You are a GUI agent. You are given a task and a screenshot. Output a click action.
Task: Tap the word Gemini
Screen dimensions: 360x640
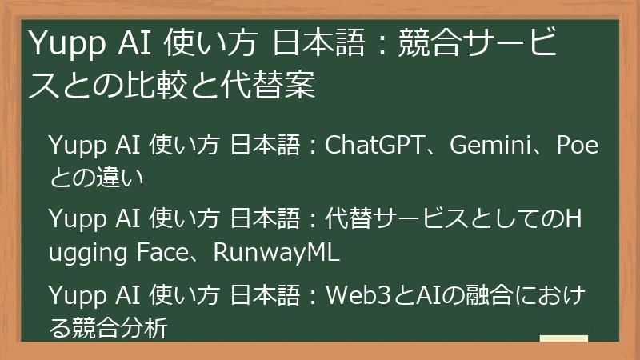[489, 147]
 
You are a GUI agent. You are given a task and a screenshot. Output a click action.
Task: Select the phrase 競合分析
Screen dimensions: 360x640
[121, 326]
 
